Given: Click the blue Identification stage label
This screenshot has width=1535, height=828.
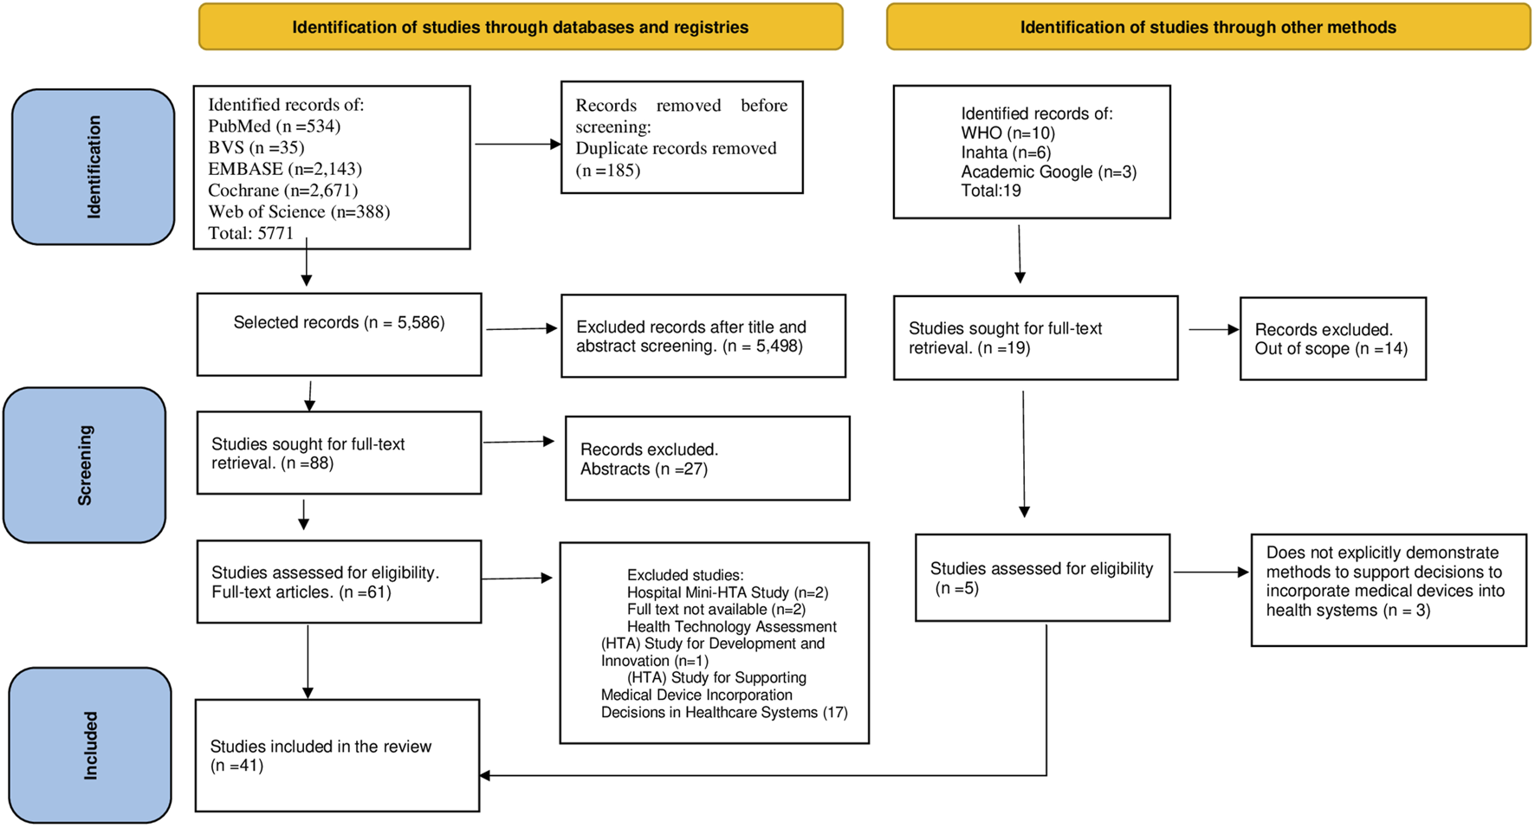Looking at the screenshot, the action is [x=94, y=166].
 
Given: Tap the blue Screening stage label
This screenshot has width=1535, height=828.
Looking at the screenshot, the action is [x=84, y=465].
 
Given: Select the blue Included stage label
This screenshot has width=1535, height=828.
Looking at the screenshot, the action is [x=90, y=745].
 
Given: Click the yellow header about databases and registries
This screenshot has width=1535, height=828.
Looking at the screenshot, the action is [x=521, y=27].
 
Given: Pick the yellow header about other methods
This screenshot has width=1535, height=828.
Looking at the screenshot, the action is [x=1208, y=27].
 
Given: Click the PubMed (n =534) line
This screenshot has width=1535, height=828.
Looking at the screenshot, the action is [x=275, y=126].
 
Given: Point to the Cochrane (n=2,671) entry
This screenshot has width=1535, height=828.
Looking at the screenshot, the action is [x=283, y=191].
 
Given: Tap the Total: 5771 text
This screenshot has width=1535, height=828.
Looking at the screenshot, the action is [x=251, y=233].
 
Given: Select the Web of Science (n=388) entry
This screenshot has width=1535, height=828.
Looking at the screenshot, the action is [x=299, y=212].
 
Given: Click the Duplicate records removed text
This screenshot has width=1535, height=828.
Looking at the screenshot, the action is [x=677, y=148].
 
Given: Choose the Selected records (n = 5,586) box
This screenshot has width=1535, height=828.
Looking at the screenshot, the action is [x=340, y=334].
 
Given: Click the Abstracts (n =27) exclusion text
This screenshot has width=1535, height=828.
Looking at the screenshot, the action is [x=644, y=469].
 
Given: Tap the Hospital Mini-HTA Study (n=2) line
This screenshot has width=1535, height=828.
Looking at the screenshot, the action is [x=728, y=592].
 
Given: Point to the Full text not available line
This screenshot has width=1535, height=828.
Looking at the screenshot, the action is [x=716, y=610].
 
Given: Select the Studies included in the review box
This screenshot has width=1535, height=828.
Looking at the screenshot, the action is [x=338, y=755].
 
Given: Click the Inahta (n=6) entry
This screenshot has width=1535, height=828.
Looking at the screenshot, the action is [x=1007, y=152].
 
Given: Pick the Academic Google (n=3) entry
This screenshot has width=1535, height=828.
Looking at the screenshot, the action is [x=1049, y=171].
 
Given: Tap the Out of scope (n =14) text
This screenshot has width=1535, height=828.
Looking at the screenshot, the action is [x=1331, y=349].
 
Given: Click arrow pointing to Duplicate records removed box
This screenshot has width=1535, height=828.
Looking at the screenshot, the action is [x=518, y=144].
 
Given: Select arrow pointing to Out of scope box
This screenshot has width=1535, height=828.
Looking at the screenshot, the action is [x=1214, y=329].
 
